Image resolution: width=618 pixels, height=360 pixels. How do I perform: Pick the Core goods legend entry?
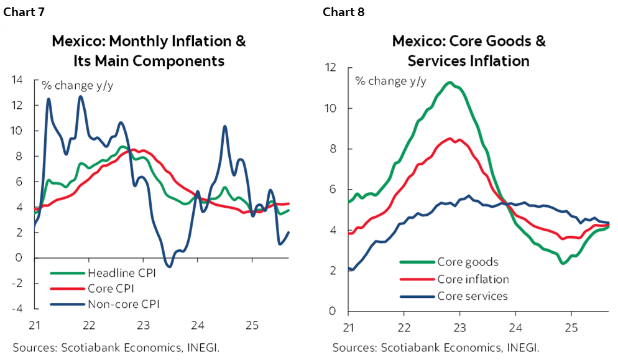click(x=468, y=262)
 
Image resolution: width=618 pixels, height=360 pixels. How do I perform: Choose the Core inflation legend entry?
click(x=473, y=279)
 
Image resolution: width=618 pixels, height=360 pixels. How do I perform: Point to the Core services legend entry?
click(x=473, y=296)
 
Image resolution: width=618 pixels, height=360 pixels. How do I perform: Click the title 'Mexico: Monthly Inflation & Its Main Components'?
click(x=149, y=51)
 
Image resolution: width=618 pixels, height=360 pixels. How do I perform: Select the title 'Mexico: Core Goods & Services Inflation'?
click(x=468, y=51)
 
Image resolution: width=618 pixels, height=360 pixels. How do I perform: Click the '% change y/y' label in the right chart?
click(x=390, y=81)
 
